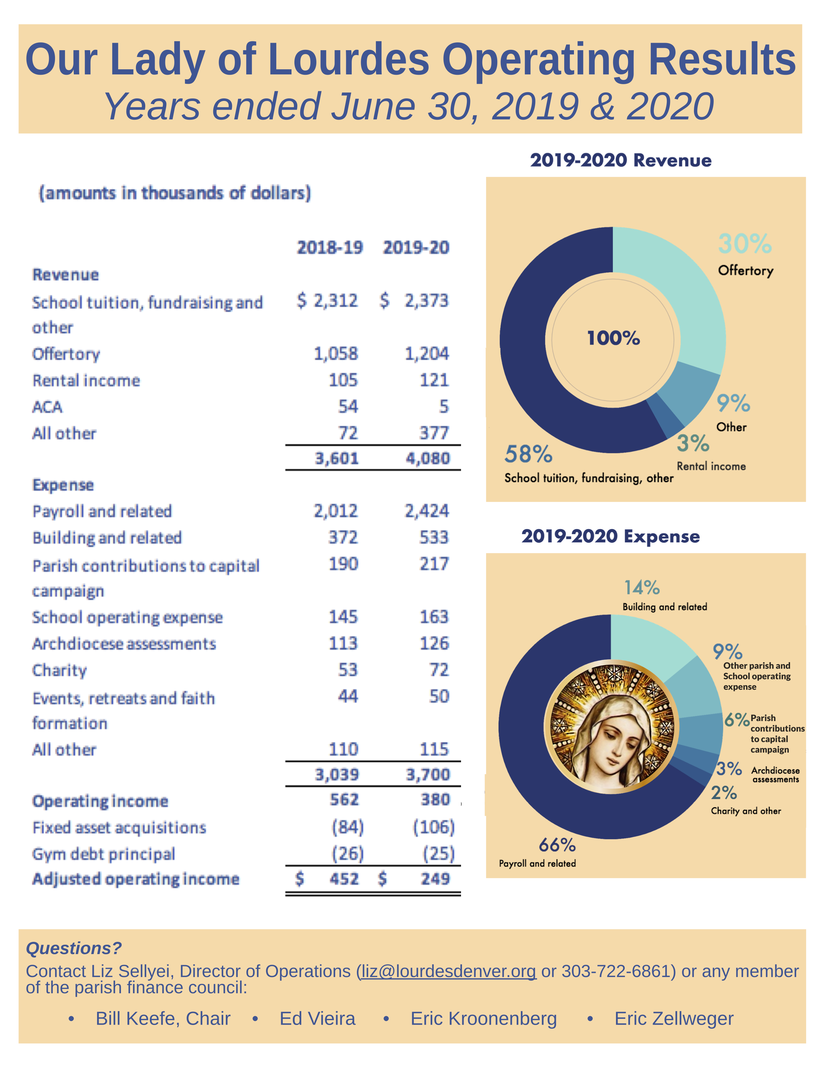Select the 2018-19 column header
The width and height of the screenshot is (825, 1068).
pos(330,248)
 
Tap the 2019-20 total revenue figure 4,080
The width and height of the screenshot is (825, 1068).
pos(428,458)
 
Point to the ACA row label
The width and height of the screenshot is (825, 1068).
pos(48,407)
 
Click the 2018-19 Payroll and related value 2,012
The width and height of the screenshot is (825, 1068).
pos(336,511)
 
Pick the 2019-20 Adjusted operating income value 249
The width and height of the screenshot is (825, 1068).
pos(435,879)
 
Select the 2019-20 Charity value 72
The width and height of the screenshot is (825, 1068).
pos(439,670)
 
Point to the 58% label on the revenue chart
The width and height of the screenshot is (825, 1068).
pos(528,454)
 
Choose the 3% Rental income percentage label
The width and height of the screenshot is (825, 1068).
pos(693,443)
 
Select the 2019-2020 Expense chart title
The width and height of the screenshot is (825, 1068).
pos(610,537)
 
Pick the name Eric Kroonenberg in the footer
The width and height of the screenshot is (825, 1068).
pos(483,1018)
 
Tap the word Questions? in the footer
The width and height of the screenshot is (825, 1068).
pos(74,948)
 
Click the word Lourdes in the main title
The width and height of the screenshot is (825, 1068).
pos(348,60)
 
